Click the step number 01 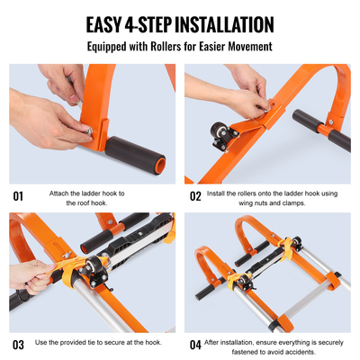18,195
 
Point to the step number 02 195,195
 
